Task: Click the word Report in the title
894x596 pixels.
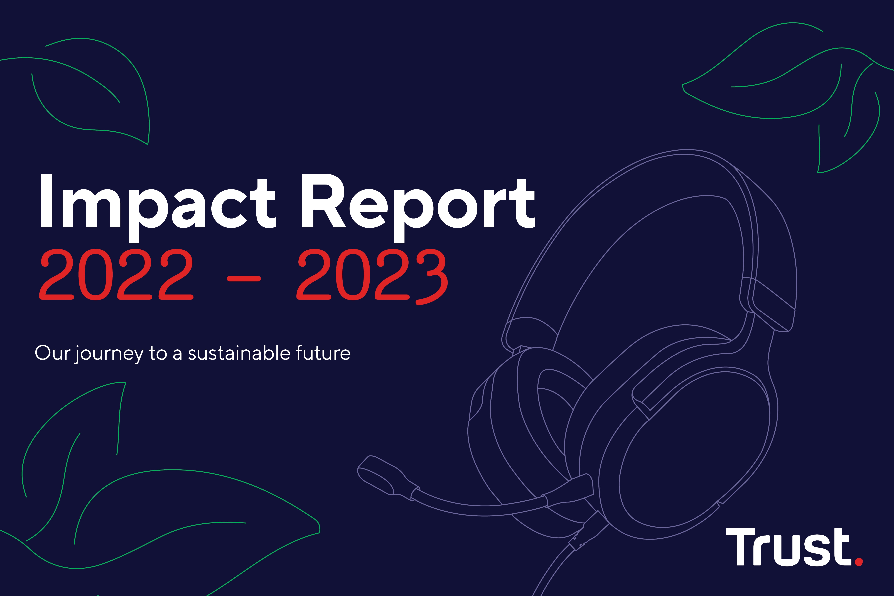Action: pyautogui.click(x=418, y=202)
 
